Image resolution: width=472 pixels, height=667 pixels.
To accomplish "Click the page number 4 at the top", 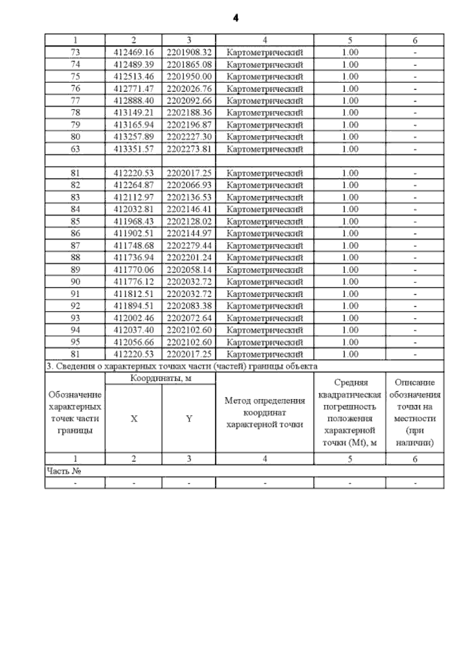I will pos(235,18).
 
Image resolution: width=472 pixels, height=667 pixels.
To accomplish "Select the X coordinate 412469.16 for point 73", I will pos(134,52).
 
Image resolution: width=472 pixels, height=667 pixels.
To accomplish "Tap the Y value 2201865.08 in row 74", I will pos(189,64).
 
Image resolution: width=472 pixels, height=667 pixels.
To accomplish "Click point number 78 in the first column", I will pos(75,113).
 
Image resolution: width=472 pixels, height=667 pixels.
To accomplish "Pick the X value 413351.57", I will pos(134,149).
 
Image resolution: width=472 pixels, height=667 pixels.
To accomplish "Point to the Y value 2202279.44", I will pos(189,246).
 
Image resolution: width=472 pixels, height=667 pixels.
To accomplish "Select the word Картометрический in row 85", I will pos(265,222).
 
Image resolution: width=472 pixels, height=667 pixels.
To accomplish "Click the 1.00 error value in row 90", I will pos(350,282).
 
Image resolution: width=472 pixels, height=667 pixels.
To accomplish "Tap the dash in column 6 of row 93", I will pos(415,318).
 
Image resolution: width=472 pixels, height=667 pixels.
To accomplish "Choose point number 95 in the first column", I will pos(75,342).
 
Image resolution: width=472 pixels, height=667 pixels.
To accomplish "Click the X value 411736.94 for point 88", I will pos(134,257).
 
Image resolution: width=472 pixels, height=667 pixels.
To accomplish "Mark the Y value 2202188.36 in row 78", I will pos(189,113).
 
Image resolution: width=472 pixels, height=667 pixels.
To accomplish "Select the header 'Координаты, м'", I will pos(161,379).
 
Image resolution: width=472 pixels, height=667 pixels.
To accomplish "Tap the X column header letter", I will pos(134,419).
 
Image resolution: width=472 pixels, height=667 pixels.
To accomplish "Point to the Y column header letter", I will pos(189,419).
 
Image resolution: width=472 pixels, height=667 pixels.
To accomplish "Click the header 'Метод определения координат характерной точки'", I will pos(265,412).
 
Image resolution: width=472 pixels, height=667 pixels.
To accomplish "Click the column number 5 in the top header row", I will pos(350,40).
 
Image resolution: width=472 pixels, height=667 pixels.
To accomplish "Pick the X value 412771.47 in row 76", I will pos(134,88).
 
